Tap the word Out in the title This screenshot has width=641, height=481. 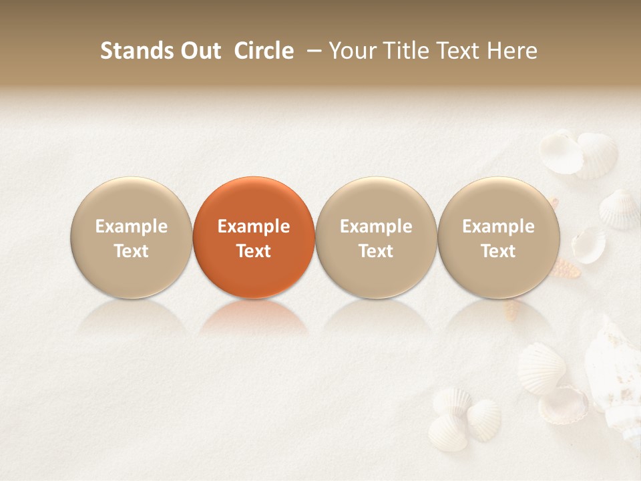(198, 51)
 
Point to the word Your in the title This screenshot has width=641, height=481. (351, 51)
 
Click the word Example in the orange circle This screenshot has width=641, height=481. (254, 226)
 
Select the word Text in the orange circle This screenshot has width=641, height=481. (254, 251)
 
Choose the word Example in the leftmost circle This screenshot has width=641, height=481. (132, 226)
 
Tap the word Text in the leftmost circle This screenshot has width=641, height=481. (132, 251)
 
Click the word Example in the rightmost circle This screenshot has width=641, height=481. (499, 226)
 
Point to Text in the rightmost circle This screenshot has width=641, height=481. (499, 251)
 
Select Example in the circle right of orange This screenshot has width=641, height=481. (376, 226)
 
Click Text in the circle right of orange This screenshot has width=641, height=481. (376, 251)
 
